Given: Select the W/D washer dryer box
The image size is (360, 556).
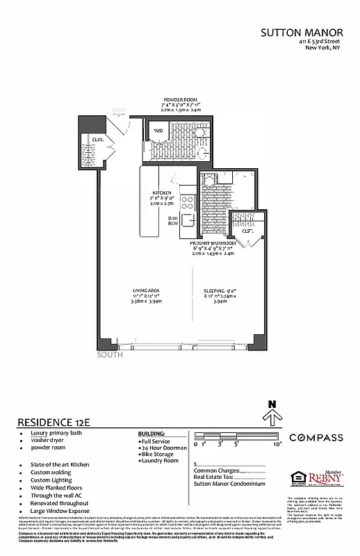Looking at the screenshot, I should click(x=158, y=130).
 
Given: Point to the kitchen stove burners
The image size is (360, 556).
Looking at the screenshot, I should click(x=187, y=202).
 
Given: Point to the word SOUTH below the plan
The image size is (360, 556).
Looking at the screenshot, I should click(x=110, y=354).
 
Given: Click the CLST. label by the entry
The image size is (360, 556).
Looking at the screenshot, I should click(x=98, y=140).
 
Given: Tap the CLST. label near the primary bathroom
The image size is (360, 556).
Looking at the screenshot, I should click(x=247, y=231).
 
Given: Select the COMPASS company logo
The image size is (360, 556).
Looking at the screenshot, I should click(x=316, y=437).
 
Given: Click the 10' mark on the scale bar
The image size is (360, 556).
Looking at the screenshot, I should click(x=277, y=443).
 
